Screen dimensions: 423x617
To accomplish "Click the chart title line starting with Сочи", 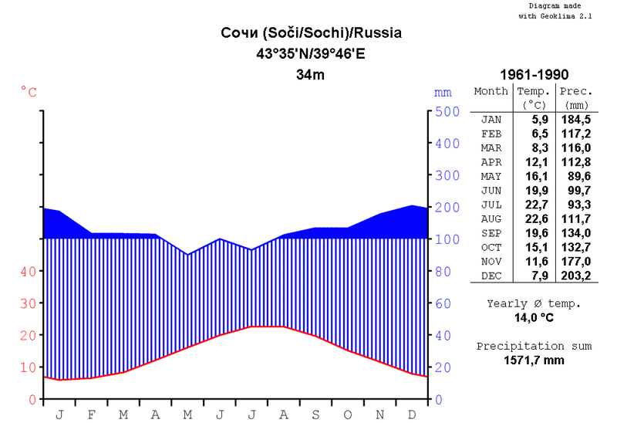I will coord(312,34).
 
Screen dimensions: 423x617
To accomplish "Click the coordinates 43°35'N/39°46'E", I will coord(312,54).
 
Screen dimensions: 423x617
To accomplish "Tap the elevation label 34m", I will coord(311,75).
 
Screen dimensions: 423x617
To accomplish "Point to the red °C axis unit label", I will coord(29,93).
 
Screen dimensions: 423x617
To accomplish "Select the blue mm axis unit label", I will coord(443,93).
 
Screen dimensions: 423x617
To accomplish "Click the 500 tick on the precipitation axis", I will coord(449,111).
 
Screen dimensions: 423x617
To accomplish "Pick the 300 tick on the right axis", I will coord(449,175).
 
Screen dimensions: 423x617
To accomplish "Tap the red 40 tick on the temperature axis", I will coord(28,272).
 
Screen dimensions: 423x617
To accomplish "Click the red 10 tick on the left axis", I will coord(28,367).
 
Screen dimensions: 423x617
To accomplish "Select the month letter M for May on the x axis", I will coord(187,415).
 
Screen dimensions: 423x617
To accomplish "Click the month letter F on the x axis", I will coord(91,415).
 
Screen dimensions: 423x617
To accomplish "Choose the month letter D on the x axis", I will coord(412,415).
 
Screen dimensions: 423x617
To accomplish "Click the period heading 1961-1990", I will coord(534,75).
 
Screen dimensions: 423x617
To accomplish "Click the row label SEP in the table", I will coord(491,233).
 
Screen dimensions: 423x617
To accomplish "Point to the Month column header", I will coord(491,91).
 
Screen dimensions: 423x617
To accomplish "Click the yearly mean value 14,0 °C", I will coord(534,317).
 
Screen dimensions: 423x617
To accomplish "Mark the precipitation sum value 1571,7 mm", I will coord(534,360).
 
